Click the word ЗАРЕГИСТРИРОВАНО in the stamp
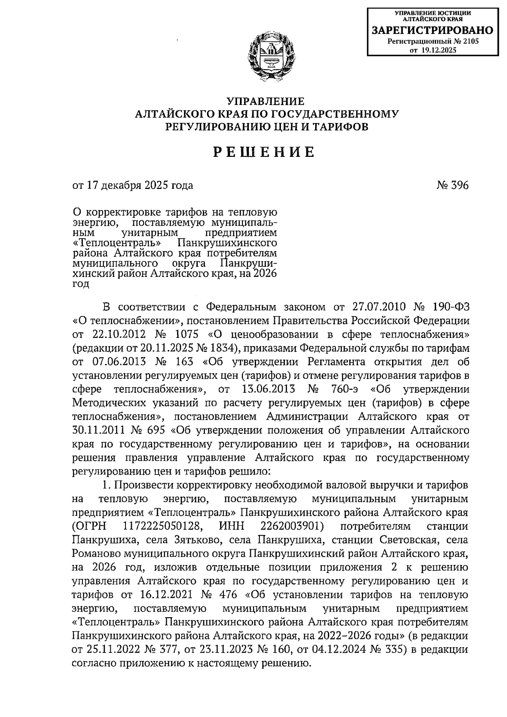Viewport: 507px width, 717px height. point(432,30)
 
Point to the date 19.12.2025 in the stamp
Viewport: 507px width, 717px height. point(439,50)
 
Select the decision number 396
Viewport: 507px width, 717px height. point(459,185)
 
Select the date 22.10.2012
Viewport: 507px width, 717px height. point(118,334)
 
